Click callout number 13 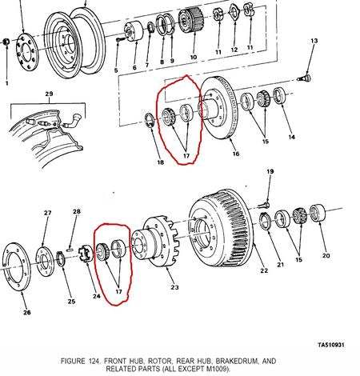(314, 41)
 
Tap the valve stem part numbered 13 (305, 78)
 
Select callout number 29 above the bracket (49, 94)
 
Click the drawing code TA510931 (331, 345)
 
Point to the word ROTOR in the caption (160, 361)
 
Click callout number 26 (27, 312)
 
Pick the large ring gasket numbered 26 (17, 267)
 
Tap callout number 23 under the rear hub (174, 287)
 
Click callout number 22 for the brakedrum (264, 270)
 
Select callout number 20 (326, 255)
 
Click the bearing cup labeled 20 (318, 213)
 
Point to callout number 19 (270, 171)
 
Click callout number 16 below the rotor (236, 154)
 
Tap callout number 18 (160, 162)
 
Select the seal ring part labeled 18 (150, 120)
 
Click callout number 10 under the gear (194, 57)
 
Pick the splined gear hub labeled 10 (191, 20)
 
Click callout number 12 (234, 50)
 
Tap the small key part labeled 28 (70, 250)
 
